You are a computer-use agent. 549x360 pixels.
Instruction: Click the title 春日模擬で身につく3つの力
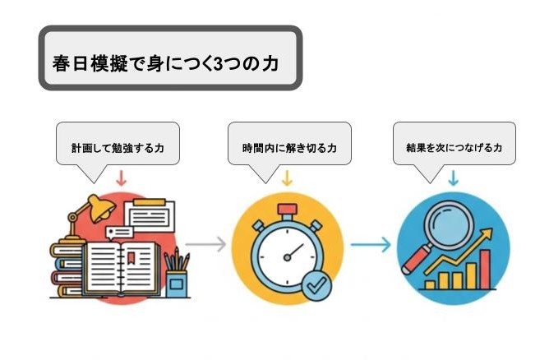[x=166, y=64]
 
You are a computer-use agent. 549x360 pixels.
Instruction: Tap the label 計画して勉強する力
[x=118, y=148]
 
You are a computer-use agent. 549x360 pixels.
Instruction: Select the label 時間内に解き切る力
[x=289, y=148]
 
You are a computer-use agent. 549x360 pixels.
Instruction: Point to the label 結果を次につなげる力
[x=454, y=148]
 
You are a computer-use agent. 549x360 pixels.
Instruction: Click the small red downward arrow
[x=121, y=178]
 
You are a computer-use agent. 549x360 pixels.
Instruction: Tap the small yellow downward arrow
[x=287, y=178]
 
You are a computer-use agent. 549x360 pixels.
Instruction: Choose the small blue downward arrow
[x=454, y=178]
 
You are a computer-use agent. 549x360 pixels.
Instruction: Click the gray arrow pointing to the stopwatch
[x=205, y=244]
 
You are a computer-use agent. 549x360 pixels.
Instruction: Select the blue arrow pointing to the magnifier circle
[x=371, y=244]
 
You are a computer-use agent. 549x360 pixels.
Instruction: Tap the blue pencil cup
[x=176, y=284]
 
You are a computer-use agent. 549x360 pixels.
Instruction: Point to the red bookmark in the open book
[x=131, y=257]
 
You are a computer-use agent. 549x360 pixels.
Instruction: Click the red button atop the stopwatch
[x=287, y=210]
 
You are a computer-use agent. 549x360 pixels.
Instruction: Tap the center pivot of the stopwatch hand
[x=287, y=258]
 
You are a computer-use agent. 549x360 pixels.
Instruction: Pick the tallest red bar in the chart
[x=485, y=270]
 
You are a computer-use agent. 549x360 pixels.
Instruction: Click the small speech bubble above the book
[x=119, y=232]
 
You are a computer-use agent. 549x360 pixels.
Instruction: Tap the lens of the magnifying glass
[x=449, y=225]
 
